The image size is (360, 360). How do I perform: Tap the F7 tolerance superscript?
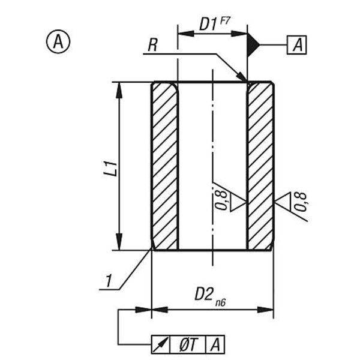[x=226, y=20]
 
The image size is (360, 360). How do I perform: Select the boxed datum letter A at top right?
[x=298, y=44]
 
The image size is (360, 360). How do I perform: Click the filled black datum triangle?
[x=253, y=44]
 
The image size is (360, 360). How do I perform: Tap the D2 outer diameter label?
[x=204, y=294]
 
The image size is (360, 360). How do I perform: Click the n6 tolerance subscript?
[x=221, y=299]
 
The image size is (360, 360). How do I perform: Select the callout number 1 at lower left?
[x=108, y=280]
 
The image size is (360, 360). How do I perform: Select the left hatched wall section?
[x=164, y=166]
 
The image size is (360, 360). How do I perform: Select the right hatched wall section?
[x=260, y=166]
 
